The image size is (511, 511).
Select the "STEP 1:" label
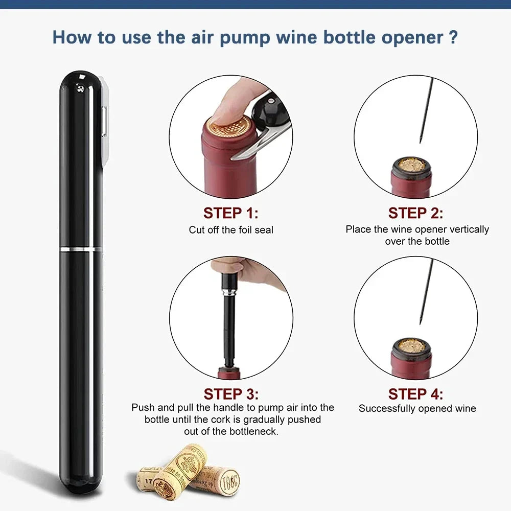click(x=231, y=213)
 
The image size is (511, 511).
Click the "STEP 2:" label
click(x=415, y=213)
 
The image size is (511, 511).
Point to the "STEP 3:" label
click(x=231, y=394)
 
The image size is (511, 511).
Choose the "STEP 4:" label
click(x=415, y=394)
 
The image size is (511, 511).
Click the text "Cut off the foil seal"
click(x=231, y=230)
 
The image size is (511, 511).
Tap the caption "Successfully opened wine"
click(x=417, y=409)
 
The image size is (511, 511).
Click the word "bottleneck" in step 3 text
click(x=253, y=431)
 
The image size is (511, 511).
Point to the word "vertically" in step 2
click(x=466, y=229)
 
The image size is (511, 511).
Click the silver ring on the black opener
click(x=81, y=249)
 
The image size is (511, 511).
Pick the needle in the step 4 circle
click(x=425, y=291)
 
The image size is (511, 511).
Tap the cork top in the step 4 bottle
click(x=411, y=346)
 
